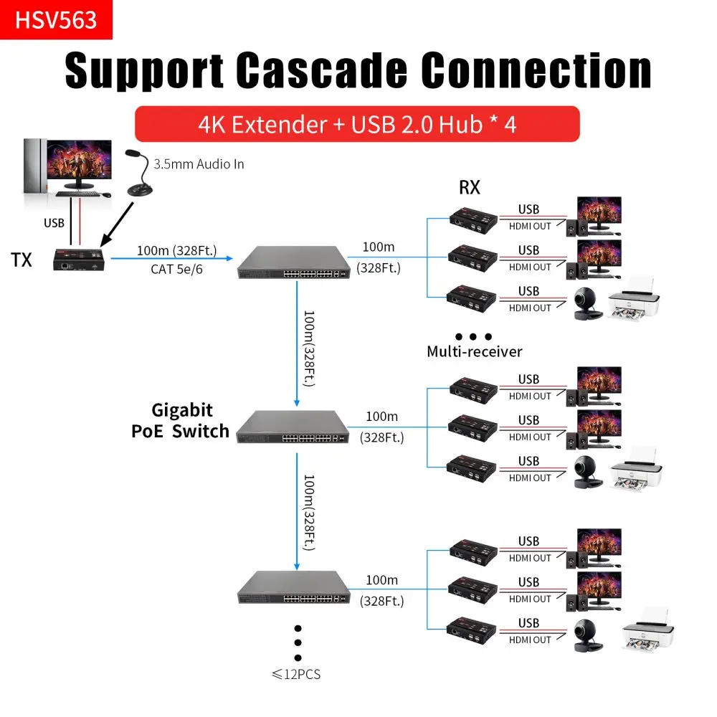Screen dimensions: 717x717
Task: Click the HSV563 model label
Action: click(56, 19)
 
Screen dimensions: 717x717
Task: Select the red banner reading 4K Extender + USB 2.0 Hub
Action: click(356, 124)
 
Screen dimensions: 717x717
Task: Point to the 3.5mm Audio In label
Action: click(199, 164)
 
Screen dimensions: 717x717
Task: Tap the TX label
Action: click(22, 260)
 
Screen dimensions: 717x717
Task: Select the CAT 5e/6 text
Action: click(176, 270)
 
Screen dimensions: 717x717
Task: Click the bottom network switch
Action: click(294, 588)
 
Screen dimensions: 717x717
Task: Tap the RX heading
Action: click(470, 188)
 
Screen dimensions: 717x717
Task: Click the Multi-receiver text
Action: click(474, 351)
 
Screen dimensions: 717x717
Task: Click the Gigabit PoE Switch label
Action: click(181, 421)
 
